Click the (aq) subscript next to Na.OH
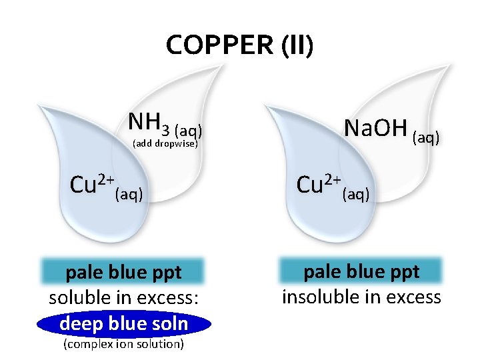click(x=426, y=137)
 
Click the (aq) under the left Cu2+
click(x=129, y=195)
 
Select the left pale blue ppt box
click(x=124, y=273)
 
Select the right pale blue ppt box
click(x=362, y=271)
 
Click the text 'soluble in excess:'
click(x=124, y=298)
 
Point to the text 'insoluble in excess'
click(x=362, y=297)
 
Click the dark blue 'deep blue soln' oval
click(x=124, y=324)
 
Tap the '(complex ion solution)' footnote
click(x=123, y=344)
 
